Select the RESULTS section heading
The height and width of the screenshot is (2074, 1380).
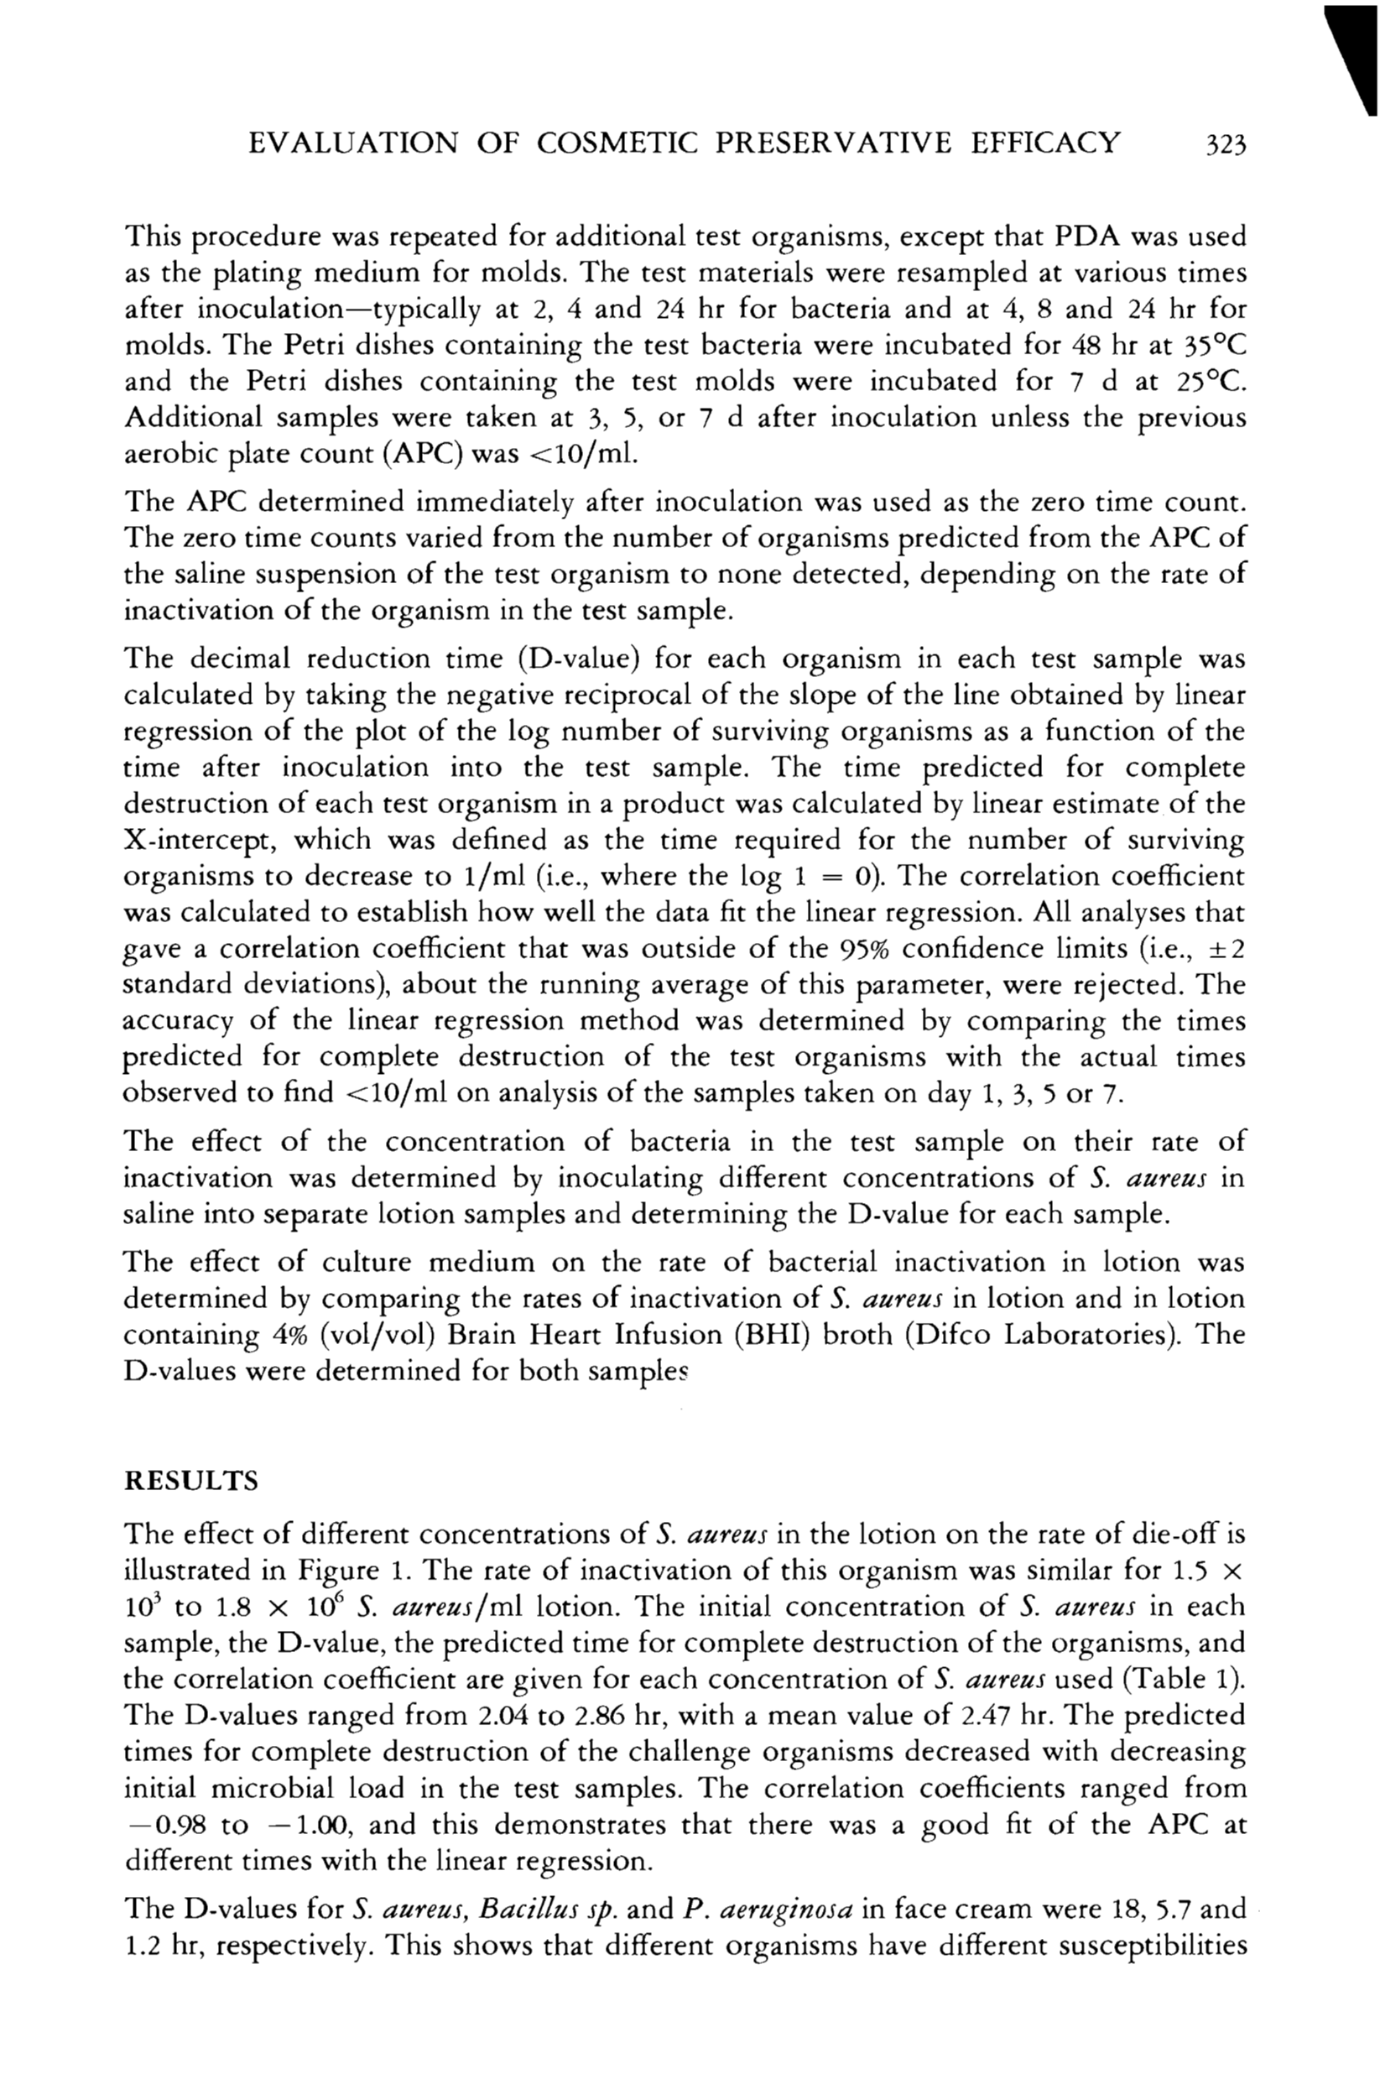click(x=191, y=1481)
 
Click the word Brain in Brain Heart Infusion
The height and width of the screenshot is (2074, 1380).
click(x=485, y=1335)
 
